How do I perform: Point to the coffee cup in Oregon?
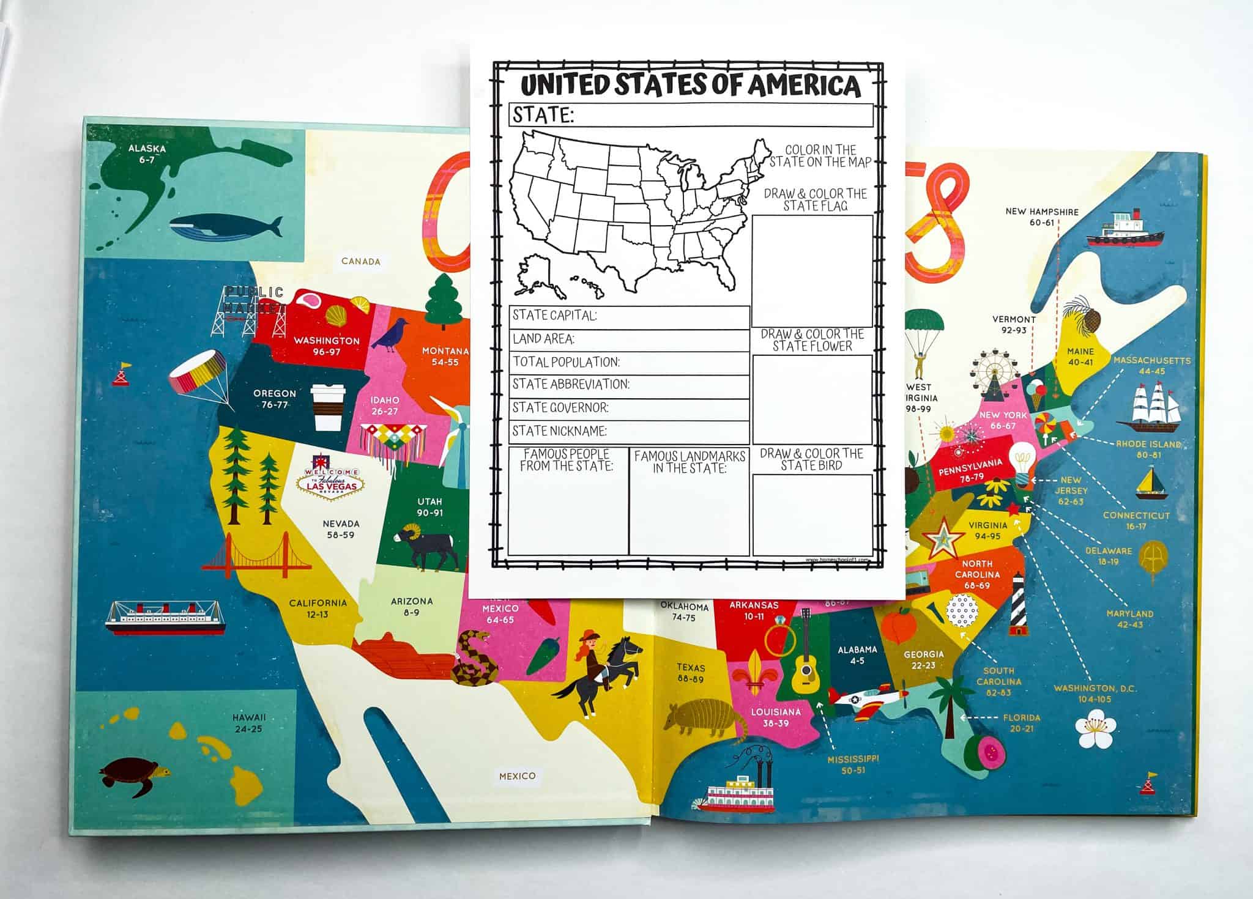pos(324,408)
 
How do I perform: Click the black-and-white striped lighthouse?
pos(1017,605)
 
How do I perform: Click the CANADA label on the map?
pos(361,262)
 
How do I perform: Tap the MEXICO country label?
pos(517,776)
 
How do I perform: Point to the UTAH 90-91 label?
pos(429,508)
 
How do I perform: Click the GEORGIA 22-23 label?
pos(923,660)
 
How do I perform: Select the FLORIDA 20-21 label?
pos(1021,722)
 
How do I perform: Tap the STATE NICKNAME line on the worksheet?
pos(629,432)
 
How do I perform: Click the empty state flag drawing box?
pos(812,270)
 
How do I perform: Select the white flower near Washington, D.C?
pos(1095,728)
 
